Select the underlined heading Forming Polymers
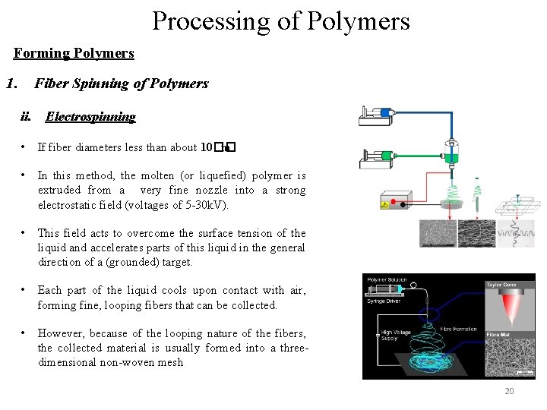(74, 53)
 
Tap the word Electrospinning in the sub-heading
(90, 117)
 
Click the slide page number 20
(509, 391)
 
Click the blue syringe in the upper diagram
(385, 113)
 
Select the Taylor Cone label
(501, 285)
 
